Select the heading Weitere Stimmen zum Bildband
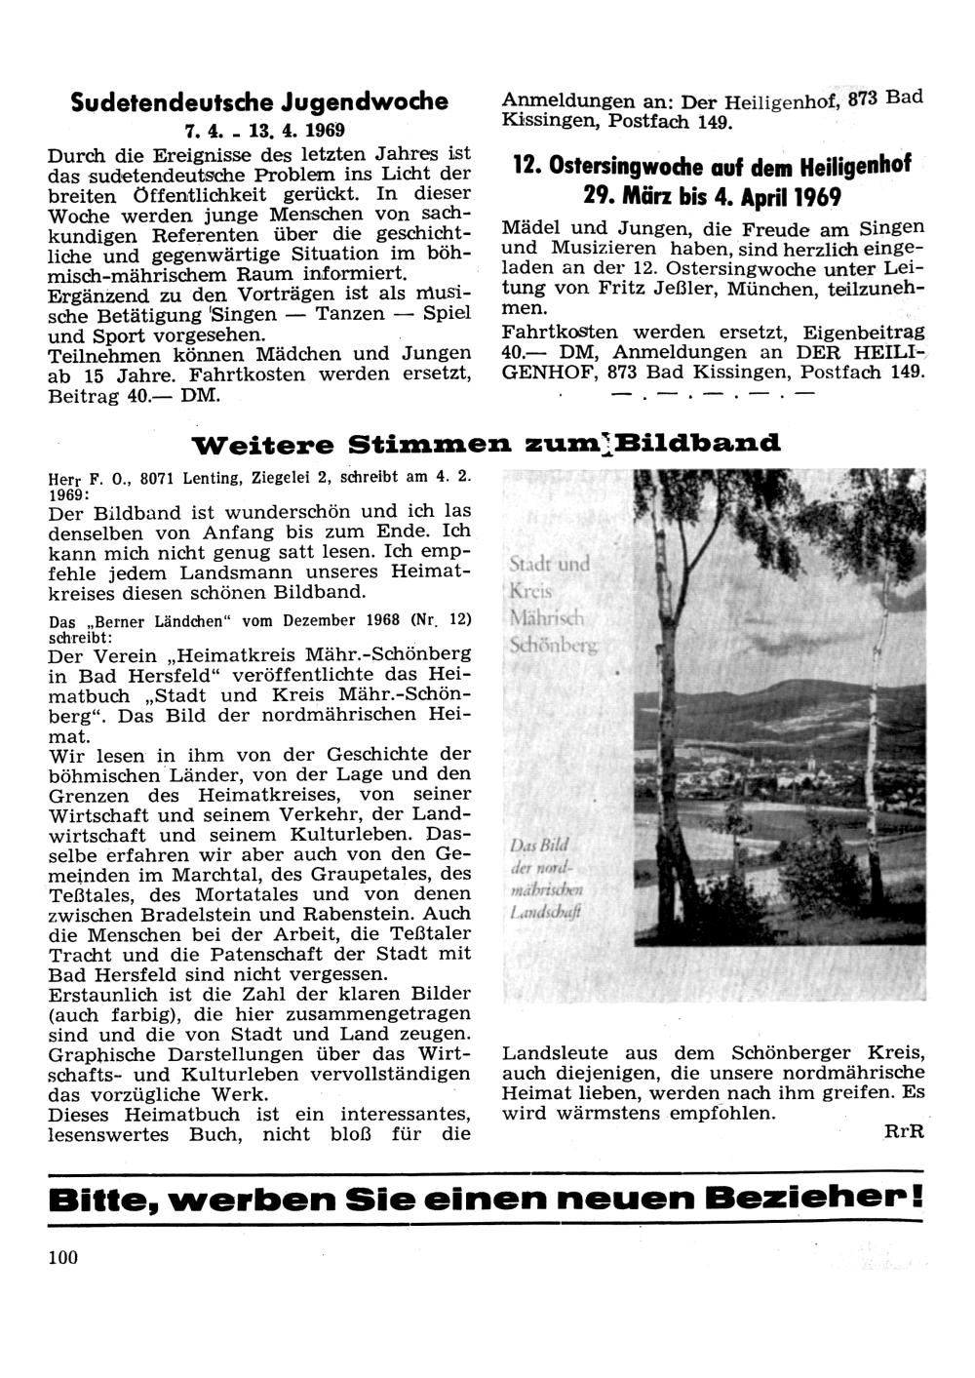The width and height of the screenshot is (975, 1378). (487, 445)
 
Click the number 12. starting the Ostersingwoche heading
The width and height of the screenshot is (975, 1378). (526, 165)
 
